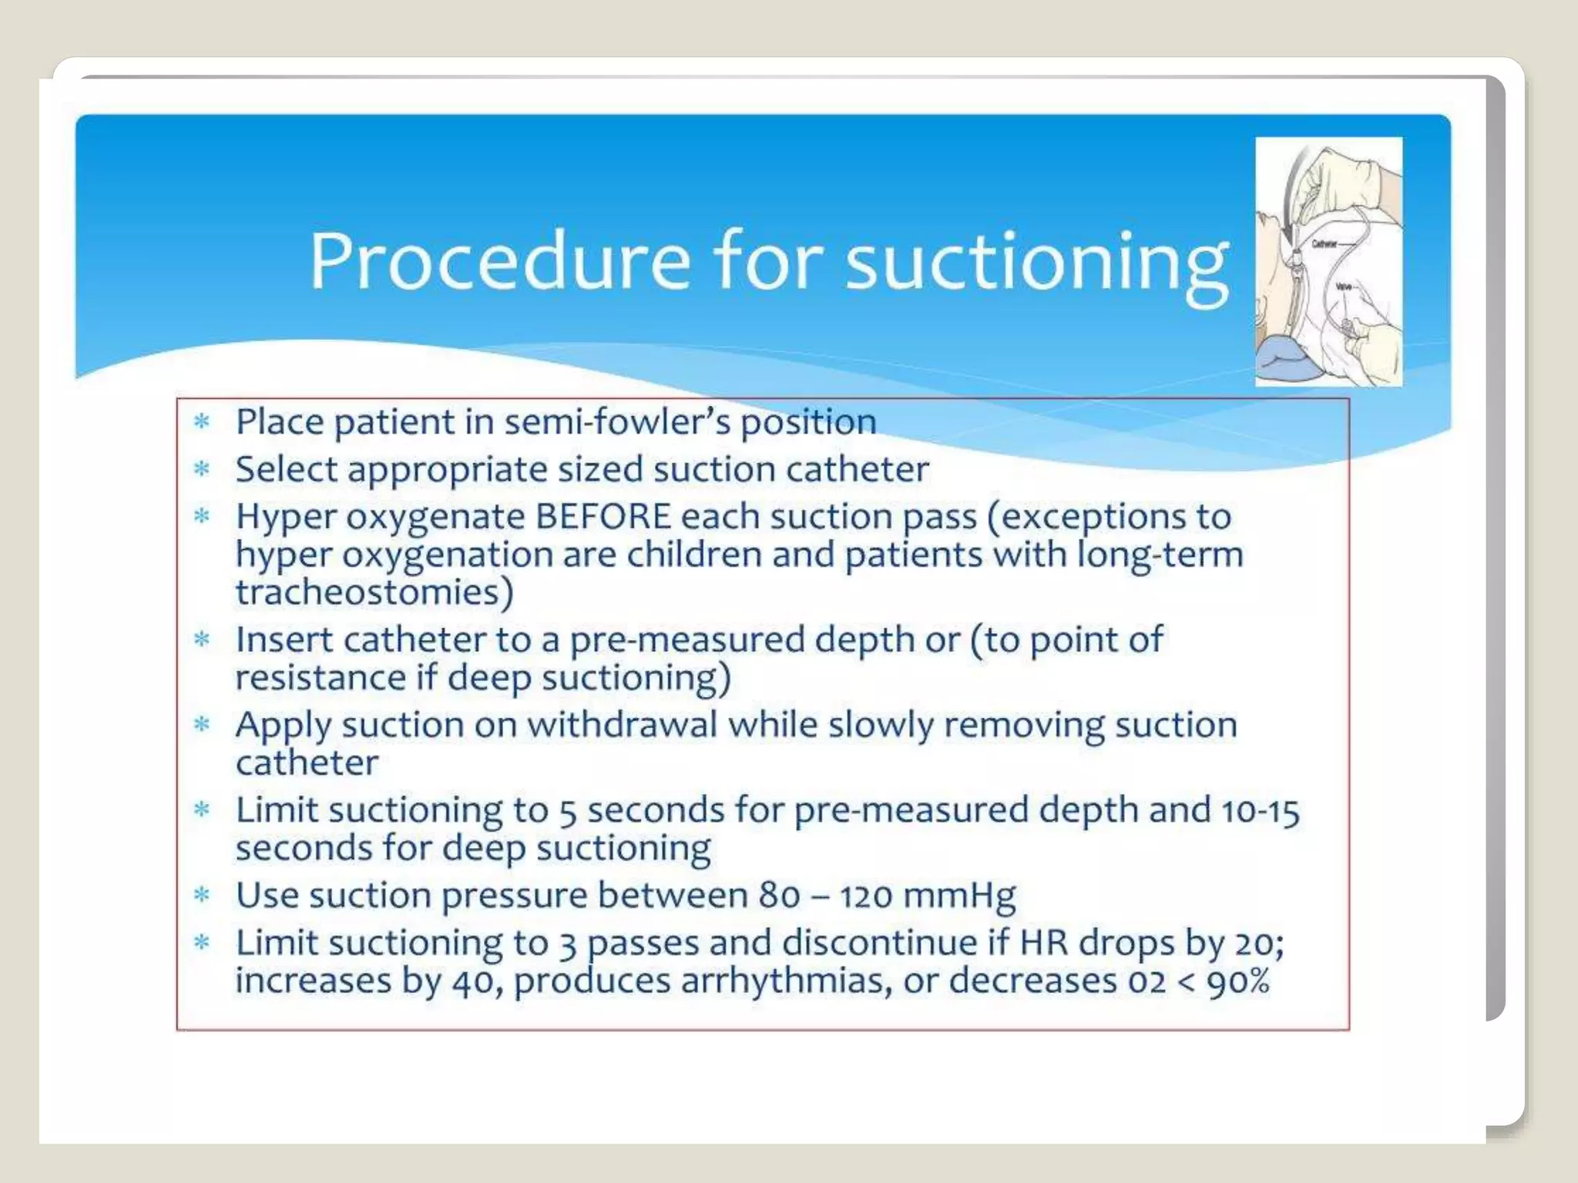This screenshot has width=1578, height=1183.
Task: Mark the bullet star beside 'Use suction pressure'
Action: click(x=202, y=895)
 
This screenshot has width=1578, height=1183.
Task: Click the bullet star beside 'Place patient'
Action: click(x=202, y=421)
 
